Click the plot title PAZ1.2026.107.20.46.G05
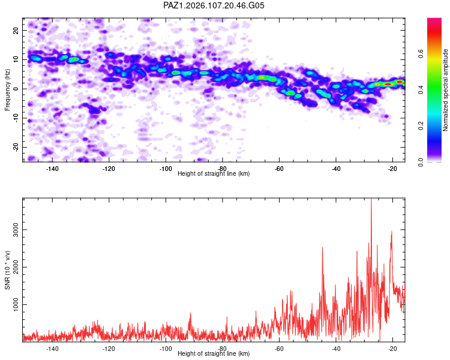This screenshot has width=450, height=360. (214, 5)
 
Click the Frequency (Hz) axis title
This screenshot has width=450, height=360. (7, 90)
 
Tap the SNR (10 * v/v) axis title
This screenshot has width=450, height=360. (7, 270)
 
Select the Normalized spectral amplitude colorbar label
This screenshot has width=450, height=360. (445, 90)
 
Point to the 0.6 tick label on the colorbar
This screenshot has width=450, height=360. (421, 53)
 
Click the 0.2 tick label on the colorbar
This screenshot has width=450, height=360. (421, 126)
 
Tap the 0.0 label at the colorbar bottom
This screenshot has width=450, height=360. (421, 162)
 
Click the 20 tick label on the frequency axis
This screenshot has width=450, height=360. (16, 30)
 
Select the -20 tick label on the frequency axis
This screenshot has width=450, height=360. (16, 147)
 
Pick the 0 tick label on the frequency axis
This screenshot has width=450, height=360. (16, 89)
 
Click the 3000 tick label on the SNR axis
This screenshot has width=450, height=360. (16, 230)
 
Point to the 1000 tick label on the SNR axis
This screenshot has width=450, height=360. (16, 304)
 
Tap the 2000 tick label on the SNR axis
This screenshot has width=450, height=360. (16, 267)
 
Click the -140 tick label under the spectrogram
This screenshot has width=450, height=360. (52, 169)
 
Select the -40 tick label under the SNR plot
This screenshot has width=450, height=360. (336, 349)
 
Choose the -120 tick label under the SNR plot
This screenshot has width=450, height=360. (109, 349)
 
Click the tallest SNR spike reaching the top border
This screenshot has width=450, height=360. (371, 199)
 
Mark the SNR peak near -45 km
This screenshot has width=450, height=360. (322, 248)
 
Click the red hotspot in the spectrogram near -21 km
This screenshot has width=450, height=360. (388, 84)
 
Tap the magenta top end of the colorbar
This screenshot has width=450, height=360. (434, 20)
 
